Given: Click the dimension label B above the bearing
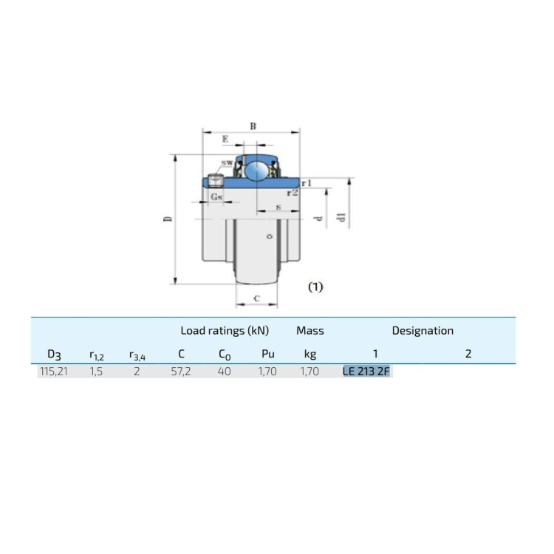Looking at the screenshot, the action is coord(253,126).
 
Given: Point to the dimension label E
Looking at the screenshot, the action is coord(225,139).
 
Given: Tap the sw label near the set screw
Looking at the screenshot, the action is coord(227,163).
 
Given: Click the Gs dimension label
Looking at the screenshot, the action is coord(216,196).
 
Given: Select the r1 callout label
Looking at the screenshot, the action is coord(307,183).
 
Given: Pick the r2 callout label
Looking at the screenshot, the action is coord(293,193).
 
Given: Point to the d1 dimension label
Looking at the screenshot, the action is coord(341,217).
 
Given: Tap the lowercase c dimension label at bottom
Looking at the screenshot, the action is coord(257,298).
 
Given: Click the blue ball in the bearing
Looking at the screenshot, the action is coord(257,171).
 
